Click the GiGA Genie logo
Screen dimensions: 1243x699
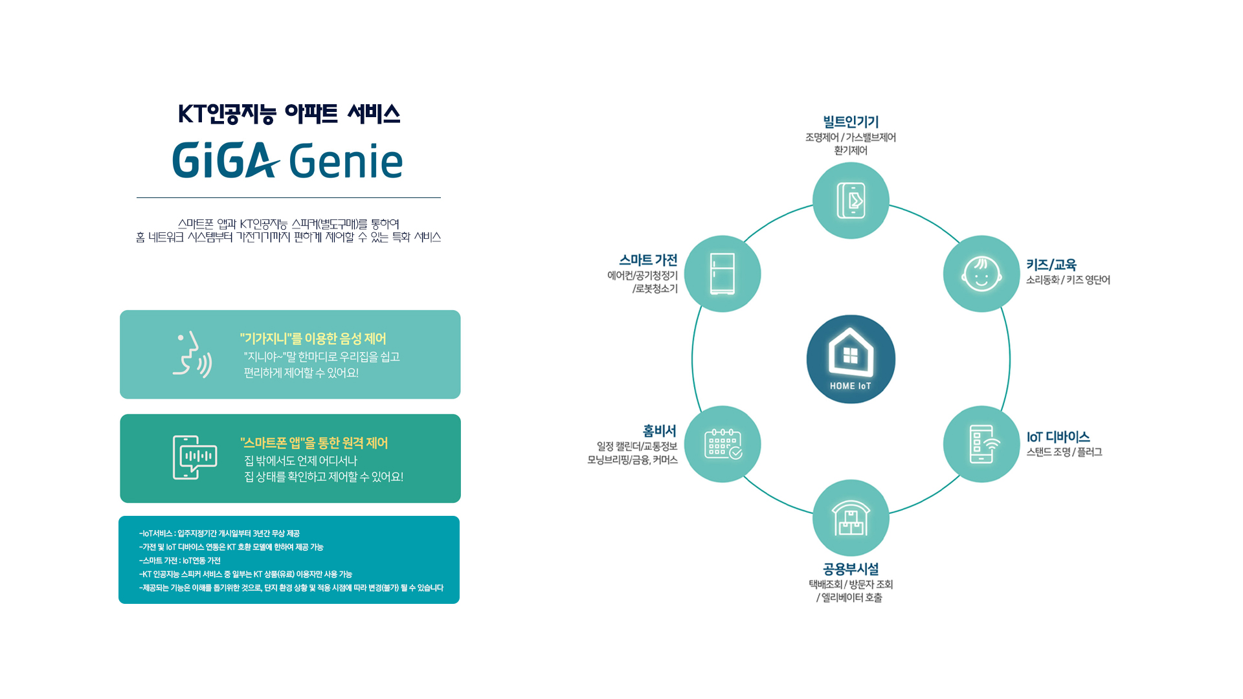click(287, 161)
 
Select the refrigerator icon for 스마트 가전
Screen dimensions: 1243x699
click(722, 274)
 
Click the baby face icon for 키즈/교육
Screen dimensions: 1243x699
click(981, 274)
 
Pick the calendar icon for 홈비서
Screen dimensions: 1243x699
click(722, 444)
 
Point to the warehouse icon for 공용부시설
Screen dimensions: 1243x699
click(851, 518)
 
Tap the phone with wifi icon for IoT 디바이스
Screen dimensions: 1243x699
click(981, 444)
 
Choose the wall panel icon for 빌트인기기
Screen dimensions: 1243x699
click(851, 201)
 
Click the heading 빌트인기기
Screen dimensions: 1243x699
click(851, 122)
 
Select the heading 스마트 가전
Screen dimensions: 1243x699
click(648, 260)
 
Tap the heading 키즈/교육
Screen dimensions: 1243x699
click(1051, 265)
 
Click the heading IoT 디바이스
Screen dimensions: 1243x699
click(1058, 438)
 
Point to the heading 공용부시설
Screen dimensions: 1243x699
click(851, 569)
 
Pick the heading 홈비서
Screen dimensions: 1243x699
click(659, 431)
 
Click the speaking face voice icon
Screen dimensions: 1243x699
click(192, 355)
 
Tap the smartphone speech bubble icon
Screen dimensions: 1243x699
click(194, 458)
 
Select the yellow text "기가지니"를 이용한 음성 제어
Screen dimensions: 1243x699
click(313, 338)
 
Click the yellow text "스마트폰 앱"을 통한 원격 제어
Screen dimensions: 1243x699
click(314, 443)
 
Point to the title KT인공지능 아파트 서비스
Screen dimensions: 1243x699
click(289, 115)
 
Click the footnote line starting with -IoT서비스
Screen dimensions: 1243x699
click(219, 533)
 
